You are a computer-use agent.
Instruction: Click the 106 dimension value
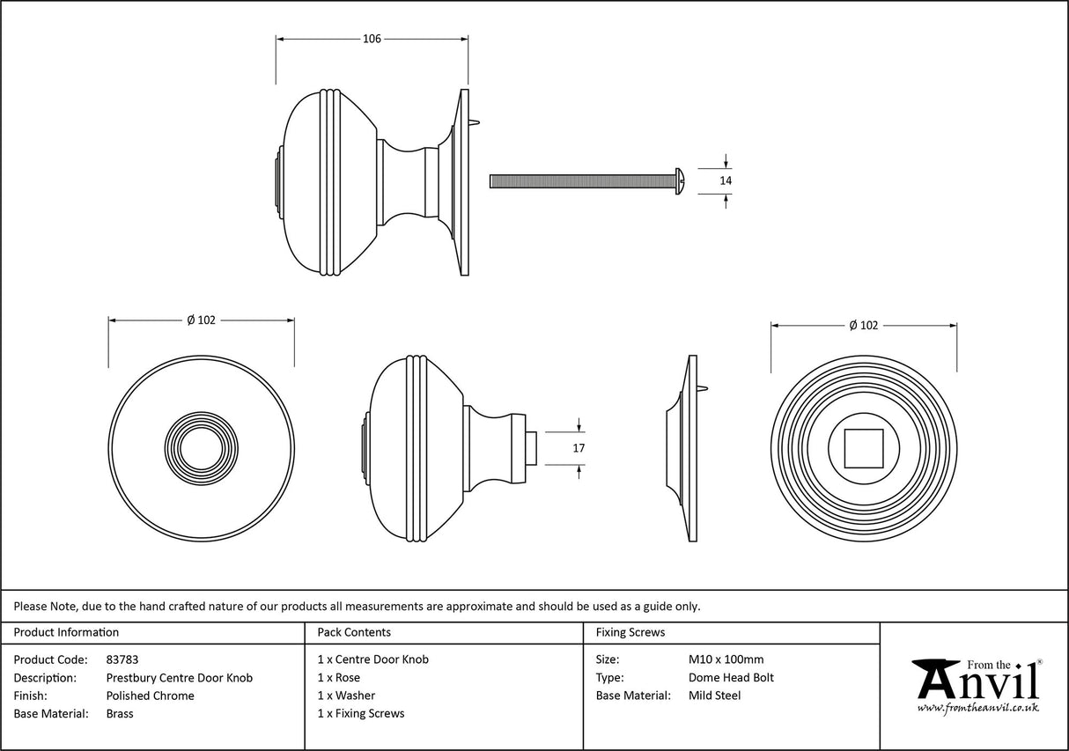[372, 39]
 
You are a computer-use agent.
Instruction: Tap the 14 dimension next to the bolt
[726, 180]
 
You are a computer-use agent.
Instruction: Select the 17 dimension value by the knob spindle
[579, 448]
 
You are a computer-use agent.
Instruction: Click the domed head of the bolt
[681, 180]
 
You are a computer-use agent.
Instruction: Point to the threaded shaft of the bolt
[581, 180]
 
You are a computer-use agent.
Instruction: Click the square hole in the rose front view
[864, 448]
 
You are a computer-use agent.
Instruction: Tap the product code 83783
[122, 659]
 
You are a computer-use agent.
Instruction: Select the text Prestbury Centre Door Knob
[179, 678]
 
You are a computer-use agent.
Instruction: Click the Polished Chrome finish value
[150, 696]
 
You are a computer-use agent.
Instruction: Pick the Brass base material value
[120, 714]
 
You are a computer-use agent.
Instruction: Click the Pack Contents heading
[354, 632]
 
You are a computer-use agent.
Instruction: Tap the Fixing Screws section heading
[630, 632]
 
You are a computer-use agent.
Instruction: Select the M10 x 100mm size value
[726, 659]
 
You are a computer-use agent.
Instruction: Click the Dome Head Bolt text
[731, 678]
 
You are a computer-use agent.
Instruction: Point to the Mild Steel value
[714, 696]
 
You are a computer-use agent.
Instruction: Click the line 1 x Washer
[346, 696]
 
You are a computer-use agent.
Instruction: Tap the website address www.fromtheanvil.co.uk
[977, 708]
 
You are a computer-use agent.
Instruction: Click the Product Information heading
[66, 632]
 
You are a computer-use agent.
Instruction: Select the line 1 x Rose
[339, 678]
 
